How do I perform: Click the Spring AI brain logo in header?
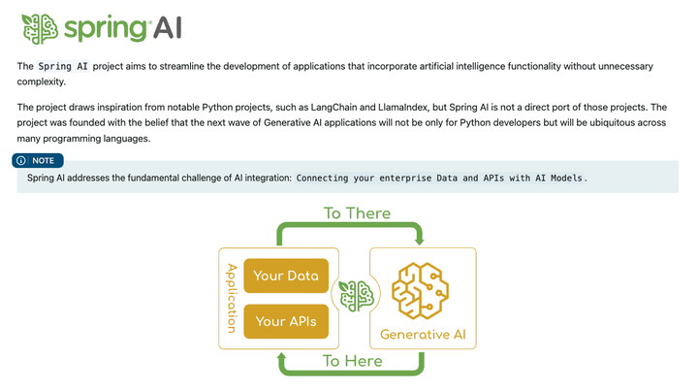pyautogui.click(x=40, y=27)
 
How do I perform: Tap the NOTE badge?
pyautogui.click(x=39, y=160)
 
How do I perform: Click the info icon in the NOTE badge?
pyautogui.click(x=22, y=160)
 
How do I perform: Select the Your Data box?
pyautogui.click(x=286, y=276)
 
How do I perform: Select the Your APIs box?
pyautogui.click(x=286, y=321)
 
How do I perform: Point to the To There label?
pyautogui.click(x=356, y=212)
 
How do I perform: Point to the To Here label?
pyautogui.click(x=352, y=361)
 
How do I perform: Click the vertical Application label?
pyautogui.click(x=231, y=297)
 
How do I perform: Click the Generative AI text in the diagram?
pyautogui.click(x=422, y=335)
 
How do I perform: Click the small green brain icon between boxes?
pyautogui.click(x=354, y=296)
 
